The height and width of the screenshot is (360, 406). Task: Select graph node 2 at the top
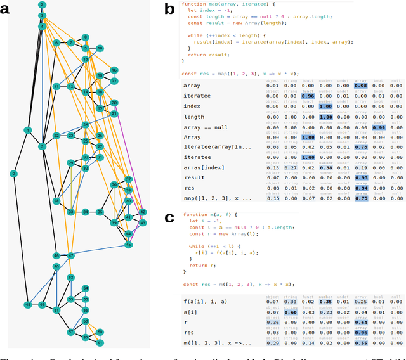(x=42, y=5)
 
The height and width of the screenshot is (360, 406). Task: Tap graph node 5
(x=43, y=146)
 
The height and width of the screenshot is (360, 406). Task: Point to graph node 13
(x=85, y=59)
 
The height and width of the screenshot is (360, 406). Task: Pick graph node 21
(x=114, y=113)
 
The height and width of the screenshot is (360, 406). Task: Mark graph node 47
(x=71, y=256)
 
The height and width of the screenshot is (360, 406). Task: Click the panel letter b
(x=169, y=9)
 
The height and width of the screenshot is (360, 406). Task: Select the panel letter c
(x=169, y=219)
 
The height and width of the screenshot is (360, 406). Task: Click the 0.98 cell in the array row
(x=361, y=86)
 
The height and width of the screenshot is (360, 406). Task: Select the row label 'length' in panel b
(x=195, y=117)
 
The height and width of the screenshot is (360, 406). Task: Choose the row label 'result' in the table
(x=195, y=178)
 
